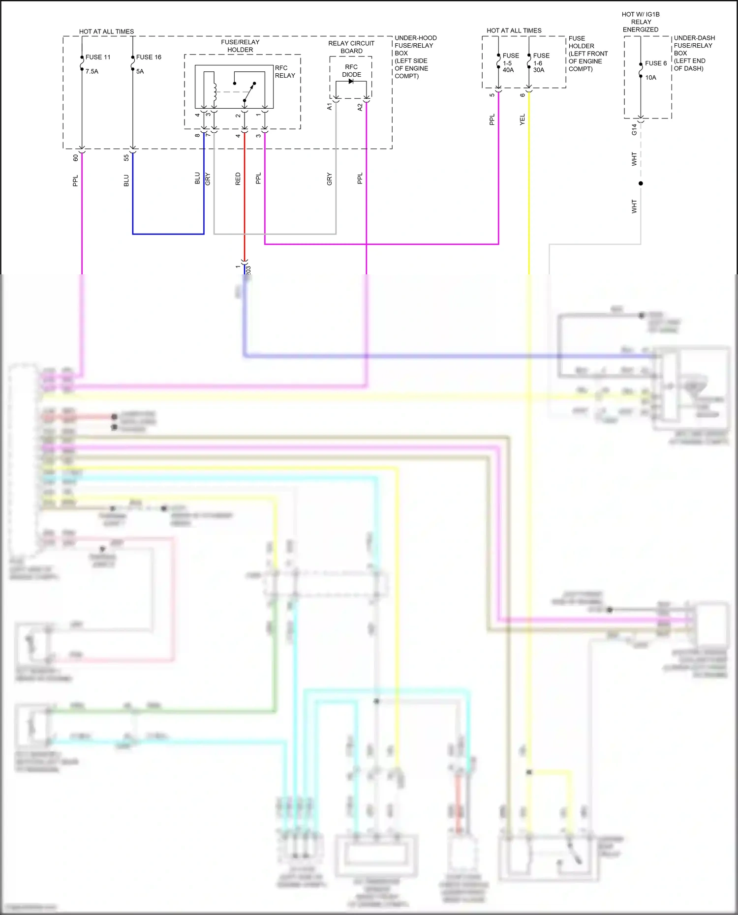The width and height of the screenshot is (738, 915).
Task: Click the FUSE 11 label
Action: click(x=98, y=57)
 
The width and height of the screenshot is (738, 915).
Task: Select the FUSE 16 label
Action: click(x=149, y=57)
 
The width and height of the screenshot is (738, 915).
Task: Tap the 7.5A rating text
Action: click(x=92, y=71)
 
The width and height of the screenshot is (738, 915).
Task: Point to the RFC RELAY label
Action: click(x=285, y=72)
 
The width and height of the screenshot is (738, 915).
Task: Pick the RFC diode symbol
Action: click(x=351, y=81)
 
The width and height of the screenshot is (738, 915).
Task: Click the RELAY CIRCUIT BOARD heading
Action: click(x=351, y=47)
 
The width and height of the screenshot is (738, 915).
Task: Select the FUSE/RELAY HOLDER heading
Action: click(x=240, y=46)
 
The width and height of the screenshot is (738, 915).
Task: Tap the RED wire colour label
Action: click(x=238, y=178)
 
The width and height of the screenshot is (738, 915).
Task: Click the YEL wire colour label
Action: click(x=523, y=119)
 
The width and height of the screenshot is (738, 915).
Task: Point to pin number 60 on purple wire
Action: click(x=76, y=158)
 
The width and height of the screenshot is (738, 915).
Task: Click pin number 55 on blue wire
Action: click(x=126, y=158)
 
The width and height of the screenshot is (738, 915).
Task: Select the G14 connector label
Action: click(x=634, y=129)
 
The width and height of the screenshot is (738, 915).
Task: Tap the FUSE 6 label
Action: click(x=656, y=63)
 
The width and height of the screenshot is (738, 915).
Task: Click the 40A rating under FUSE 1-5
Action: click(x=508, y=70)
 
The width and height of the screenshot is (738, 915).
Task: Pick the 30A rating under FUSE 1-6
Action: click(x=539, y=70)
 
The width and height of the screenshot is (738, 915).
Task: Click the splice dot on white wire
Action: click(x=641, y=183)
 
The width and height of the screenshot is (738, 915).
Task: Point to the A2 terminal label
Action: click(x=360, y=107)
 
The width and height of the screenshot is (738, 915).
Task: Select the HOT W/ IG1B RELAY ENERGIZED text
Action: click(x=641, y=22)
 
